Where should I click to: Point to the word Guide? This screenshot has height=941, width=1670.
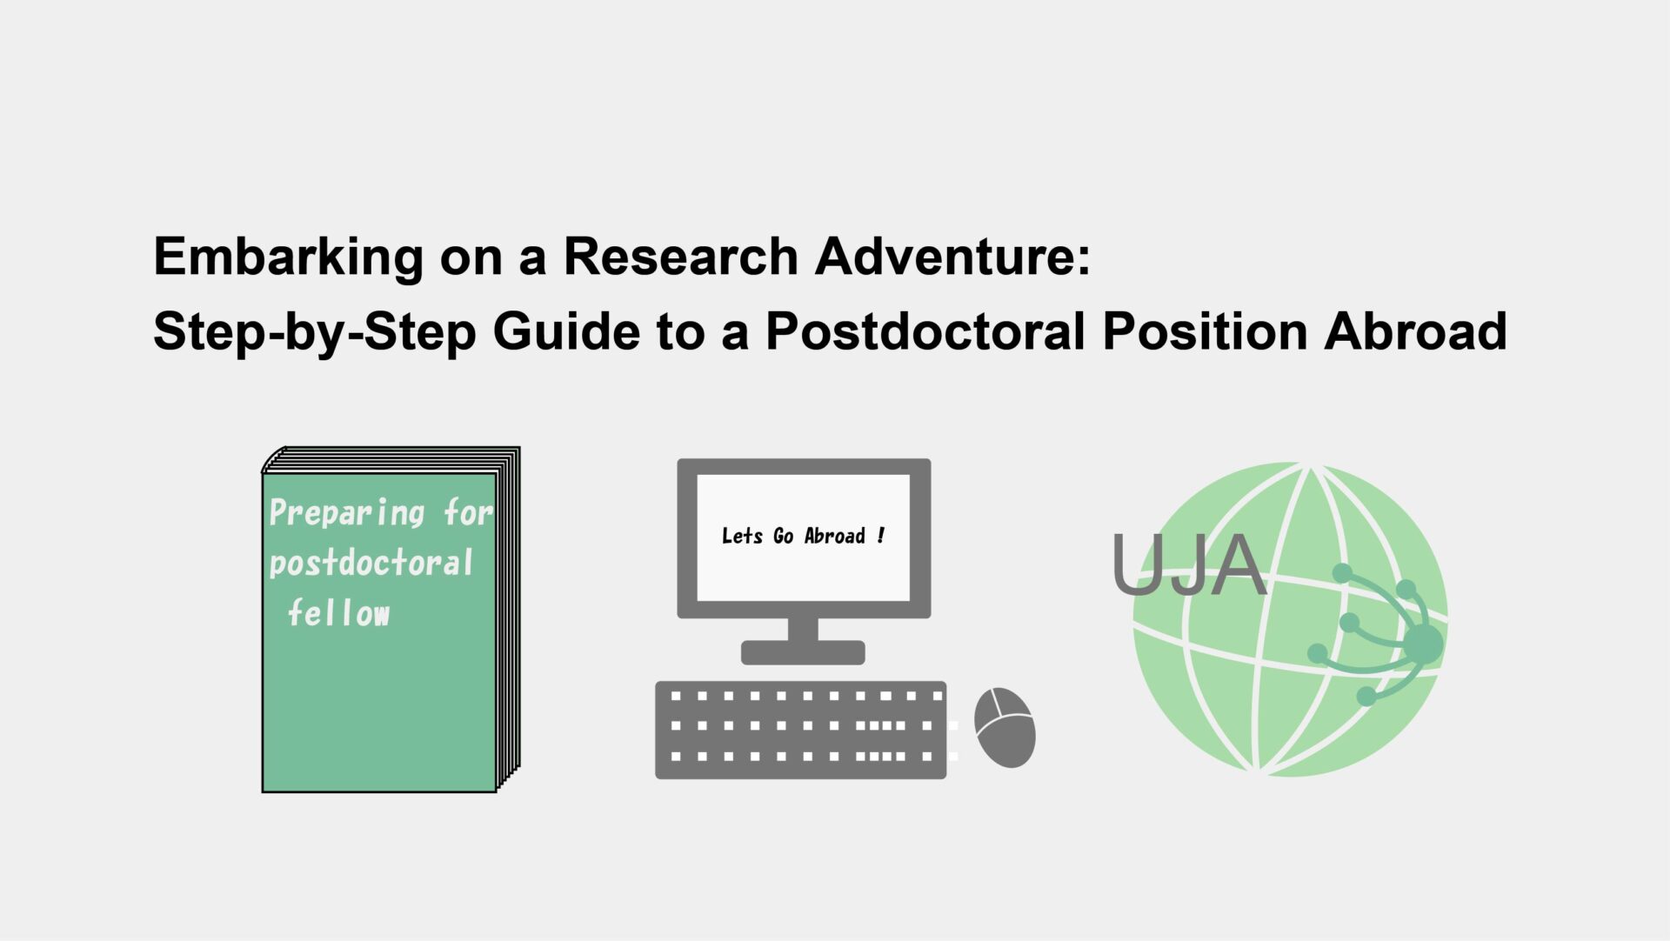tap(565, 331)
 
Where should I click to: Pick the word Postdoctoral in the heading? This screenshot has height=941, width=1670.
tap(925, 331)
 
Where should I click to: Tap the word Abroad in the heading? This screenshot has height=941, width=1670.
tap(1415, 331)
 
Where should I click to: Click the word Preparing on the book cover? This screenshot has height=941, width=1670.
tap(346, 513)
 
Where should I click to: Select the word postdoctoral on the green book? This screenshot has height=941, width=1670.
tap(371, 564)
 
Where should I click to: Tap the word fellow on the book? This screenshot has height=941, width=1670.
tap(338, 613)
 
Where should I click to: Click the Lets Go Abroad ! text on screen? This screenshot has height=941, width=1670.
tap(803, 536)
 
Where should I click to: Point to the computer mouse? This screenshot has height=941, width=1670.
tap(1005, 727)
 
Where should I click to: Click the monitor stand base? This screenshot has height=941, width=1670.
tap(802, 652)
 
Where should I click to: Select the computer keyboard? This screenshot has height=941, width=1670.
tap(800, 730)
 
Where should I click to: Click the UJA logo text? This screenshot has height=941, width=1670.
tap(1188, 565)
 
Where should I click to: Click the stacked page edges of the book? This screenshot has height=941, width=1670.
tap(509, 617)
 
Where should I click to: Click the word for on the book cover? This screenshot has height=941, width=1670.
tap(468, 513)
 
